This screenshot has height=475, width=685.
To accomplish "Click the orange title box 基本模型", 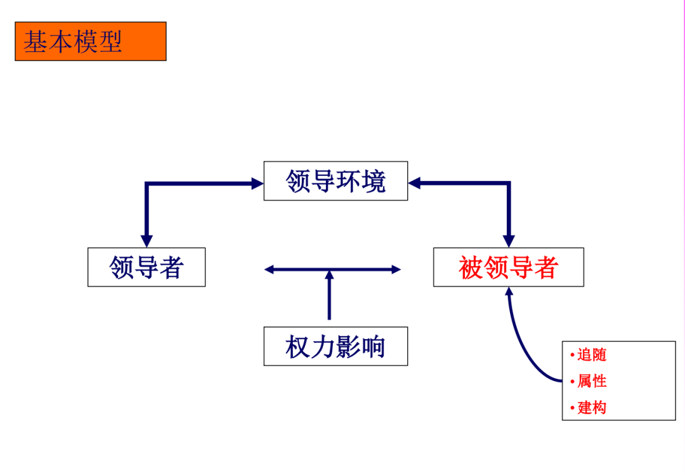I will point(90,41).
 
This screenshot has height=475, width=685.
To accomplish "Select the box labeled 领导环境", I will point(336,181).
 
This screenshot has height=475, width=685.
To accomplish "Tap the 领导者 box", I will point(147,267).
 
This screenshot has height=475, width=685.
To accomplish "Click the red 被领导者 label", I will point(508,267).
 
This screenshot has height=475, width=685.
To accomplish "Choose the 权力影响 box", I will point(336,347).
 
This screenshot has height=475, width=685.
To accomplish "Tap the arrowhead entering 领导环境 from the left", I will point(258,184).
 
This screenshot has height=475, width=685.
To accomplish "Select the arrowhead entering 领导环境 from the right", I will point(415,184).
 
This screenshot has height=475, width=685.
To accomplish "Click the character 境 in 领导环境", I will point(373,181).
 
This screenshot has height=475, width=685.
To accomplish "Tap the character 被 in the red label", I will point(471,267).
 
